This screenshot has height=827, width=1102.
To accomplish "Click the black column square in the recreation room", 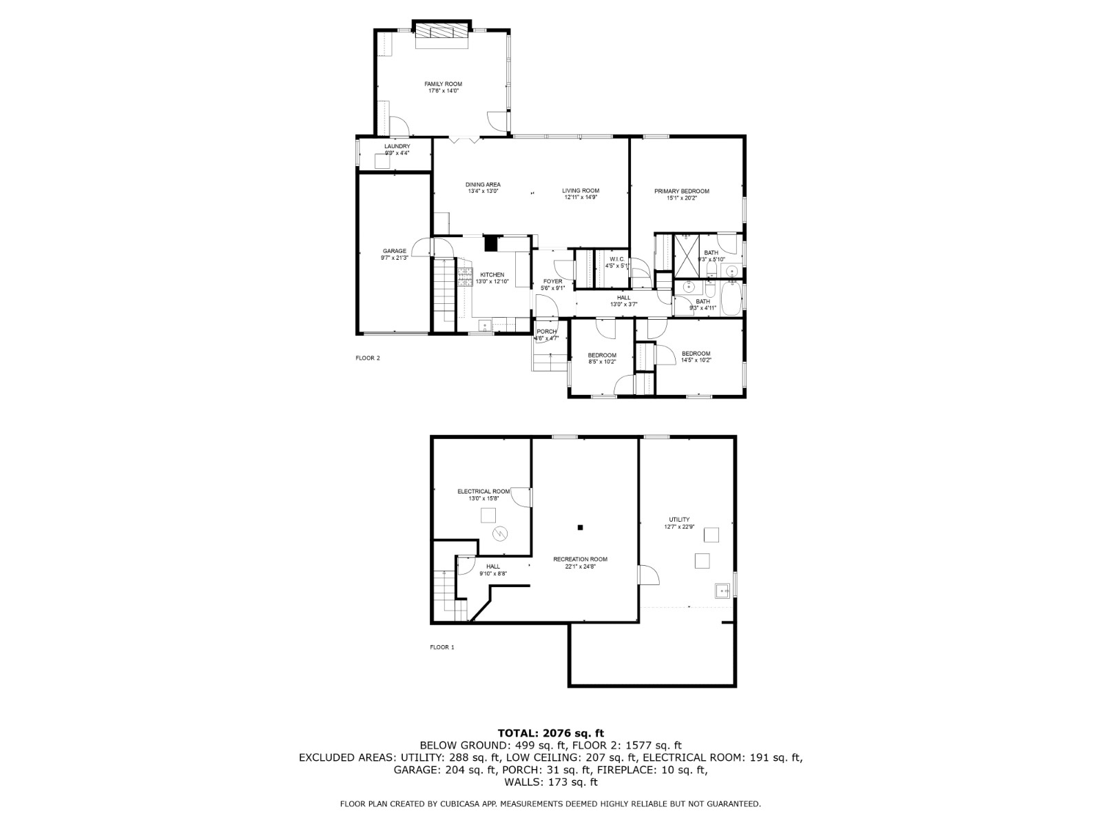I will (x=580, y=528).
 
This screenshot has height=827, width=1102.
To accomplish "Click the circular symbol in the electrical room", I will (x=501, y=533).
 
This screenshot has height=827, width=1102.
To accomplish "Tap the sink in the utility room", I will (x=722, y=590).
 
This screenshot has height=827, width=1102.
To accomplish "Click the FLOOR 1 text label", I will (x=442, y=647).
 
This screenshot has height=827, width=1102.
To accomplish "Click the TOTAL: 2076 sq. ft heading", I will (x=550, y=733).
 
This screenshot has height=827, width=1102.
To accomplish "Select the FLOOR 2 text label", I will (x=367, y=358).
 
